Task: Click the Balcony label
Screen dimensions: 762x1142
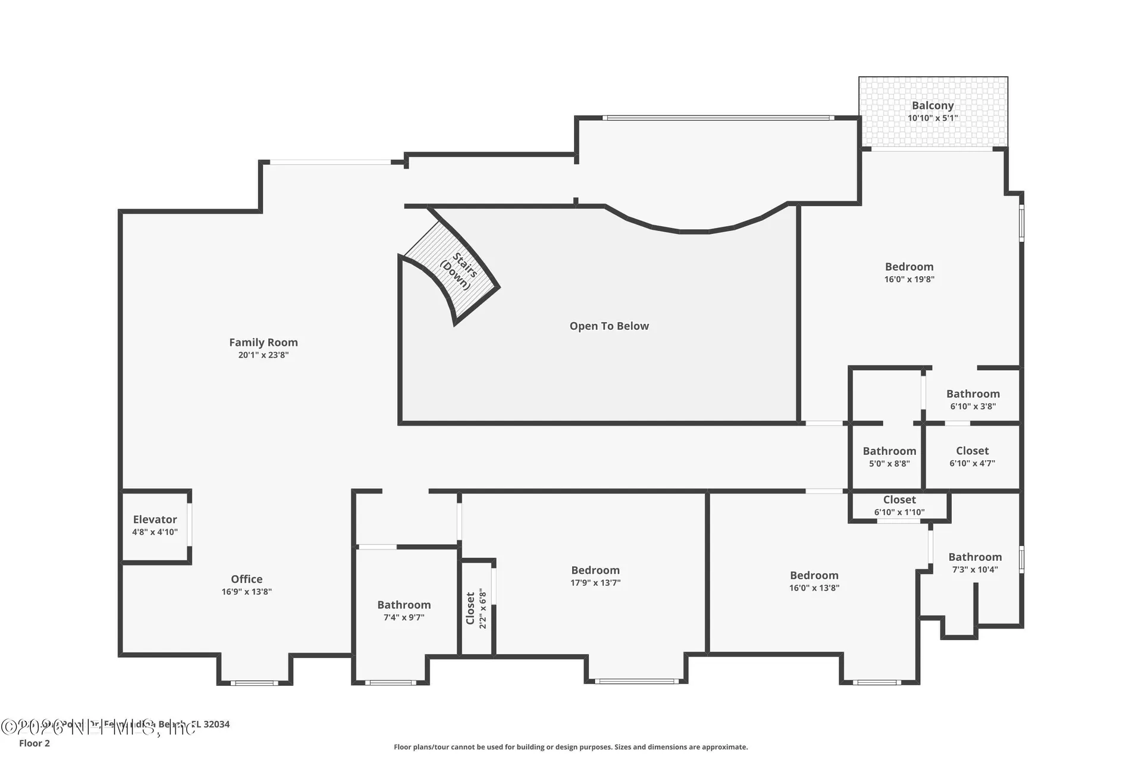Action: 932,105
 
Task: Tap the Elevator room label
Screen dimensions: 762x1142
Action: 155,519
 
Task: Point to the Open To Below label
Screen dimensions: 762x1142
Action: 609,326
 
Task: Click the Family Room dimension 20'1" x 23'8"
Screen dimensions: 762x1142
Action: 263,355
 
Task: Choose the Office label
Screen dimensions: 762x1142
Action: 246,579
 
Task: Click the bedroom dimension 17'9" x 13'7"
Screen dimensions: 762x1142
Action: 595,583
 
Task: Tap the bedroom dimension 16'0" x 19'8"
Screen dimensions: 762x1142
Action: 909,279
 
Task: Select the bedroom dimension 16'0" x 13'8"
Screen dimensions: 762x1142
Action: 814,588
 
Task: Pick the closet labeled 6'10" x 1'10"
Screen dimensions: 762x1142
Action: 899,505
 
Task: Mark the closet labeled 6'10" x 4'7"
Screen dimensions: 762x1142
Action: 972,457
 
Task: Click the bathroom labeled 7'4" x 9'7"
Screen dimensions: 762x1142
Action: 403,610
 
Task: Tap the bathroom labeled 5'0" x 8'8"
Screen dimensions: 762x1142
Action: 889,457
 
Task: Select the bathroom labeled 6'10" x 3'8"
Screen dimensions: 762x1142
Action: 972,399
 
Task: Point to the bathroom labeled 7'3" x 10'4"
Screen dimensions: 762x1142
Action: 974,563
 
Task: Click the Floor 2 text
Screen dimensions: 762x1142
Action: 34,743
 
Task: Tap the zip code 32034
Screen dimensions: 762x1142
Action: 217,724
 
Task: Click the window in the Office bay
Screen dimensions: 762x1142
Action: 254,683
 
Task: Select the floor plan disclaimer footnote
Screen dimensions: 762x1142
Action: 570,747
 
